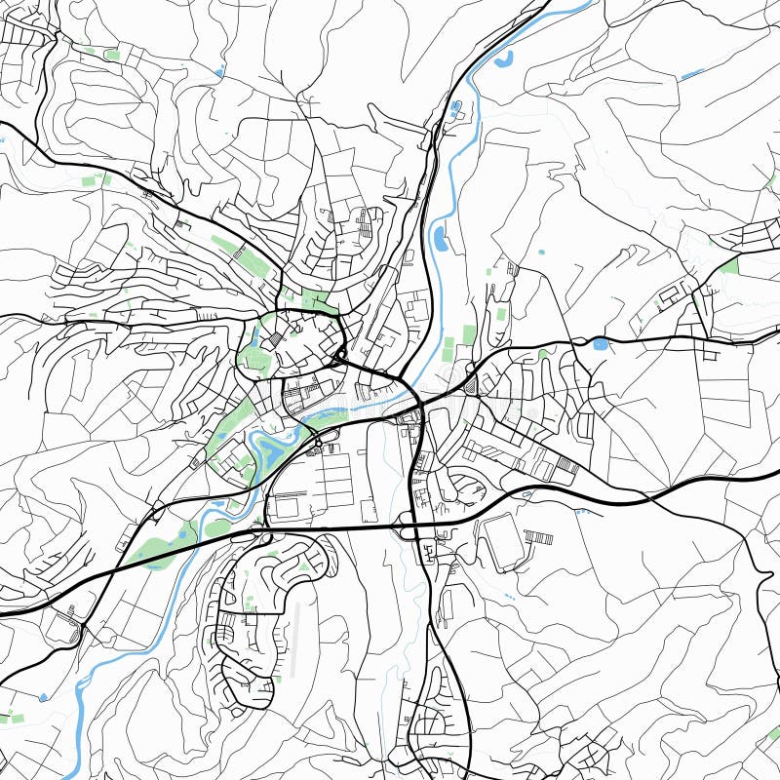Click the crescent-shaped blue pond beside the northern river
click(503, 60)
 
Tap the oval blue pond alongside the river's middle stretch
click(440, 237)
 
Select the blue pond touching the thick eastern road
click(599, 344)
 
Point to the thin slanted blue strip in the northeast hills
click(692, 73)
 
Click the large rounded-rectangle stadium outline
click(498, 542)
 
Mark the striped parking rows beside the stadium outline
click(538, 537)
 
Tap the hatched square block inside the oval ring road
click(275, 338)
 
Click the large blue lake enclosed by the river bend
click(265, 448)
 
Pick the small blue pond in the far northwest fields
click(218, 71)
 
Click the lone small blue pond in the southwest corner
click(43, 697)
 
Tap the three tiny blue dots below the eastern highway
click(510, 594)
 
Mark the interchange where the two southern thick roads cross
click(414, 528)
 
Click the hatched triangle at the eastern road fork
click(472, 386)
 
